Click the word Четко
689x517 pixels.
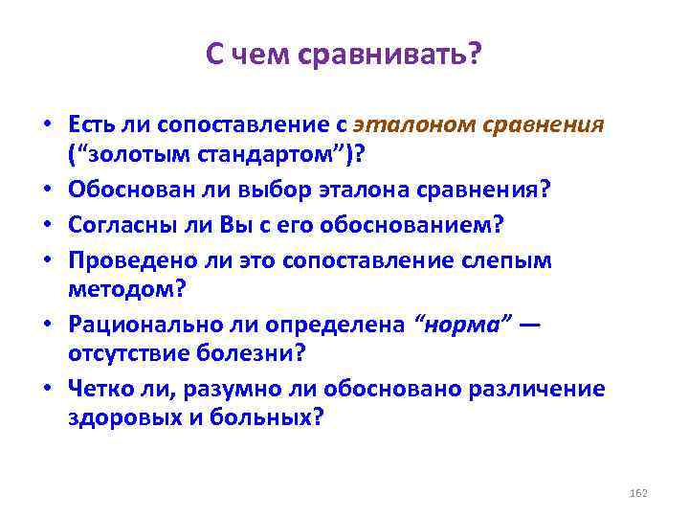tap(98, 387)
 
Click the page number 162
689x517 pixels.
tap(640, 491)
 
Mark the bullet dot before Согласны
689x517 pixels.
tap(45, 222)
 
